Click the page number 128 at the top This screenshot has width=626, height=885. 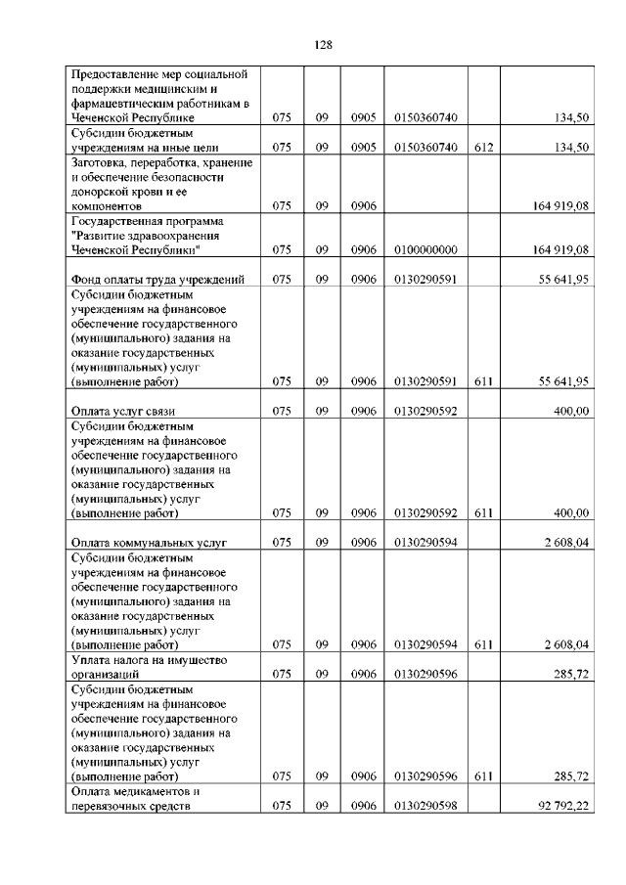tap(324, 45)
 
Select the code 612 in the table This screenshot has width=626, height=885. tap(483, 148)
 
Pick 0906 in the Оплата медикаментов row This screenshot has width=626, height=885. tap(364, 806)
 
